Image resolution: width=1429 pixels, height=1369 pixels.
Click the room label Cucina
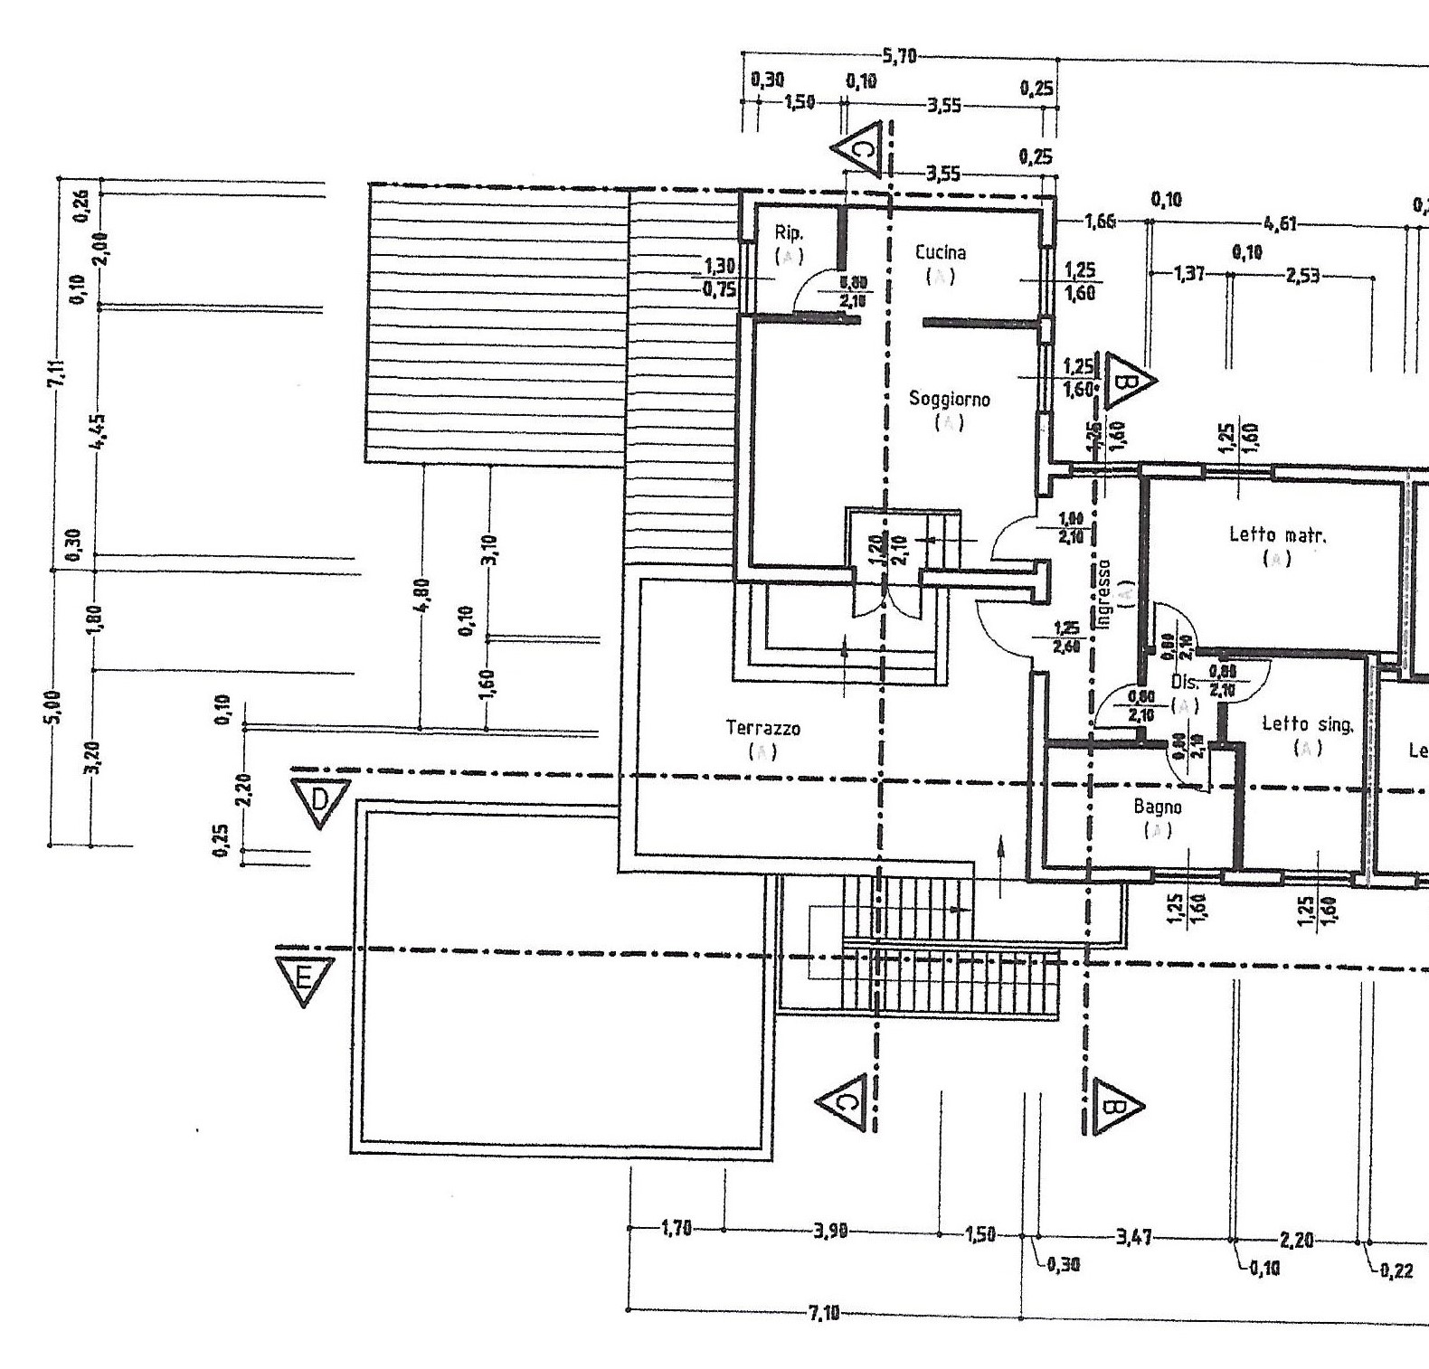[940, 253]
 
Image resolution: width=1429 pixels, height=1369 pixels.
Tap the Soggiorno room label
[949, 399]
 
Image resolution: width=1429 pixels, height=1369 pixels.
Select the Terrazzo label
[762, 727]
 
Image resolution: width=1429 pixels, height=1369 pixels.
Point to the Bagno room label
[1158, 807]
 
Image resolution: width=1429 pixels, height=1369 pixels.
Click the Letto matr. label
[1277, 534]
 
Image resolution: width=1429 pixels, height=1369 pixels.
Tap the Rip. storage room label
[789, 233]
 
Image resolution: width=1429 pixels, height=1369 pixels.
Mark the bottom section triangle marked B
[1114, 1105]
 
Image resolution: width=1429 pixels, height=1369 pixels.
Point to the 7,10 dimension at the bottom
[823, 1313]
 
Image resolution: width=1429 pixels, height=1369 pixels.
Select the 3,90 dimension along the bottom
[829, 1231]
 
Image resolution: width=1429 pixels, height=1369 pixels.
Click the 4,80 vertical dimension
[422, 595]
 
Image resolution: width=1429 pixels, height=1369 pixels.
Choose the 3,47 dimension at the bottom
[1134, 1236]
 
